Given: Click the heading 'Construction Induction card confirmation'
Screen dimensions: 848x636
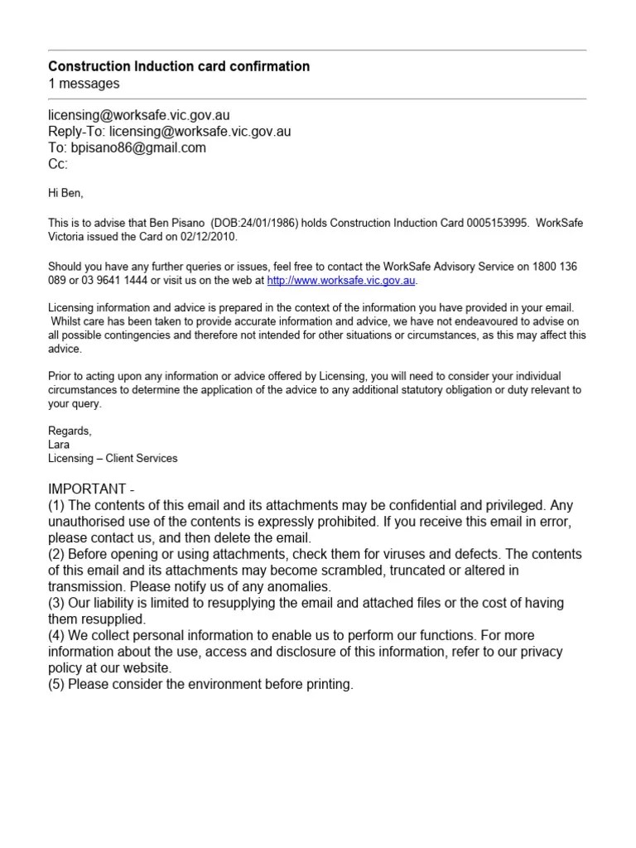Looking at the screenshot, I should tap(179, 66).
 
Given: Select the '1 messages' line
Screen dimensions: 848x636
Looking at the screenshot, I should tap(84, 84).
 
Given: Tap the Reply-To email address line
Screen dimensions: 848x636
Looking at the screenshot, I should tap(169, 132).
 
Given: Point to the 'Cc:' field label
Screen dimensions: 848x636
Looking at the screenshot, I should tap(58, 164).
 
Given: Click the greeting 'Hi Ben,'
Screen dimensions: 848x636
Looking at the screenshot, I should tap(66, 193).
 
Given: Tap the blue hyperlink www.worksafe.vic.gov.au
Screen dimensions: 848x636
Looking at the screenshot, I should tap(340, 281).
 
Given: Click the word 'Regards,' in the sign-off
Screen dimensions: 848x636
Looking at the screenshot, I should tap(70, 431).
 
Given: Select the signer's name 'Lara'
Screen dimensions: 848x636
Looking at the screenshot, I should tap(60, 444).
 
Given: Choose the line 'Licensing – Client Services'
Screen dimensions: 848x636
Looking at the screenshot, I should tap(113, 458).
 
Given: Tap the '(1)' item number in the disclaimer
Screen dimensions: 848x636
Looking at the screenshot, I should tap(56, 505).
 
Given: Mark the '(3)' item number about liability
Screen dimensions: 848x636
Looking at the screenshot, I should tap(56, 604).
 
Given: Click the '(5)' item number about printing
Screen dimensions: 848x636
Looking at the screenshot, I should tap(56, 685).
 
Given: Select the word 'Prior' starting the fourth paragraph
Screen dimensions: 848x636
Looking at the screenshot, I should tap(60, 375).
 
